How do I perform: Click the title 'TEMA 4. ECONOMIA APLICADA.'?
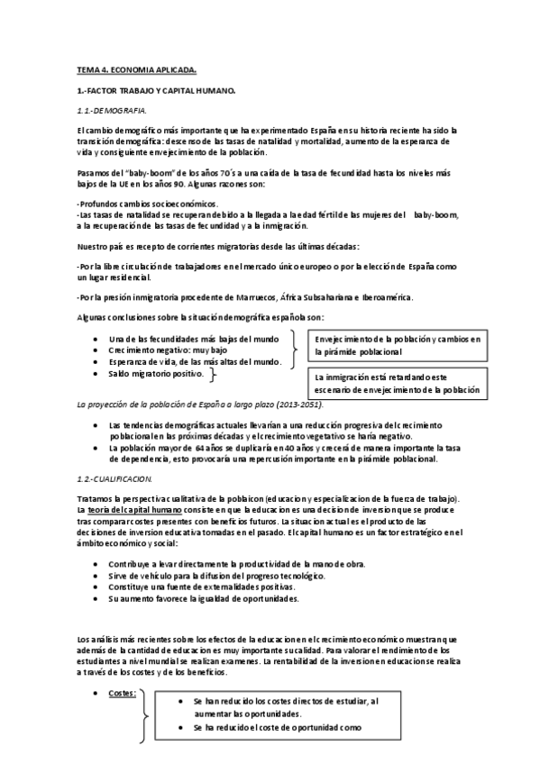click(x=134, y=69)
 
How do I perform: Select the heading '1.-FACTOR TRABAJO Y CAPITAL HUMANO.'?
click(x=156, y=91)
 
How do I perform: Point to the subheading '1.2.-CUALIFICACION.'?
click(x=114, y=478)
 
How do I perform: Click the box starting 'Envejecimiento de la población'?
click(x=397, y=345)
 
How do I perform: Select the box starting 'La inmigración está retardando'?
click(x=397, y=384)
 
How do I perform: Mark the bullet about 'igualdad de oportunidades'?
click(x=203, y=597)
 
